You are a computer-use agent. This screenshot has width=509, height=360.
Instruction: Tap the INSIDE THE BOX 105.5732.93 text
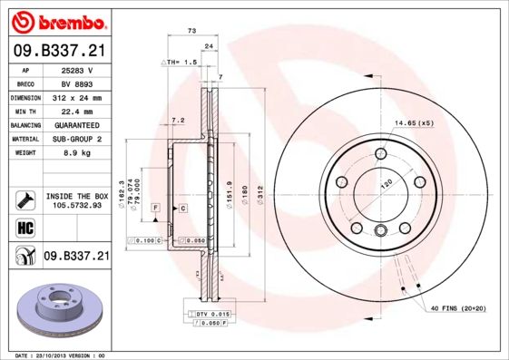(x=76, y=200)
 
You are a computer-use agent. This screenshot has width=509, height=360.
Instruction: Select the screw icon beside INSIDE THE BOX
(x=25, y=199)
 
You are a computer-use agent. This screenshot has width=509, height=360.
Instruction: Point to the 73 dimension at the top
(x=191, y=32)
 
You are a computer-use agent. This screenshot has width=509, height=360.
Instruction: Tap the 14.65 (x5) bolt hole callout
(x=414, y=122)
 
